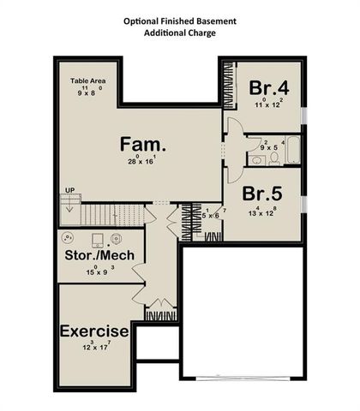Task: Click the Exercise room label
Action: (94, 331)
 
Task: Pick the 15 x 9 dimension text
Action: (99, 271)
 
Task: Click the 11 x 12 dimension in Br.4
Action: (267, 104)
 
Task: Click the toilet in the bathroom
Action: (258, 158)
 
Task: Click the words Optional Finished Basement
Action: (180, 19)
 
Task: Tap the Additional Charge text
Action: (180, 32)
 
